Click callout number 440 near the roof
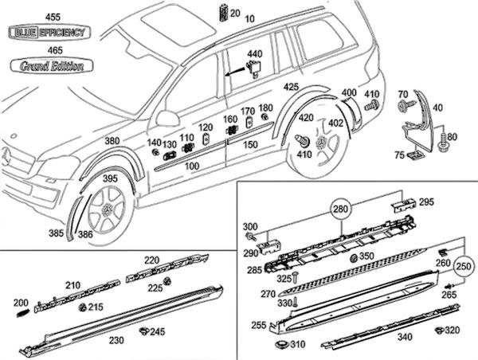(254, 53)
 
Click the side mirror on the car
(167, 118)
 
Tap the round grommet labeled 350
(353, 259)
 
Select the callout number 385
(56, 234)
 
